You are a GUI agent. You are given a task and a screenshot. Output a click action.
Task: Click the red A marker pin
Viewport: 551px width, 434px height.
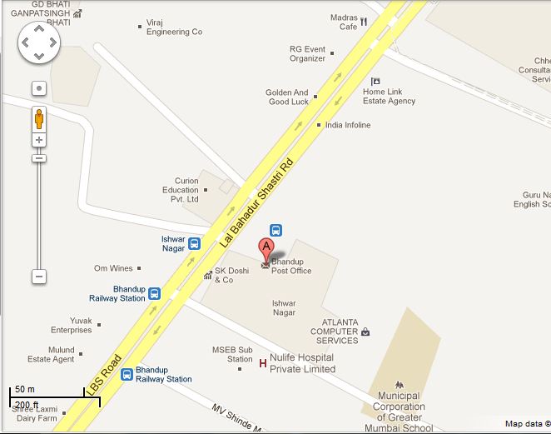coord(266,248)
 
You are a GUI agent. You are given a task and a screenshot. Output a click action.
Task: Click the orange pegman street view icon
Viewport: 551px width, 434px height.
coord(39,118)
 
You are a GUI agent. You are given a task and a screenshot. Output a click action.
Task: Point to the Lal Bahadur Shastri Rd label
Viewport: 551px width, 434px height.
coord(257,202)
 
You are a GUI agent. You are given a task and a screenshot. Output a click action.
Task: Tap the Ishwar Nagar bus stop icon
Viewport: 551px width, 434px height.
coord(194,243)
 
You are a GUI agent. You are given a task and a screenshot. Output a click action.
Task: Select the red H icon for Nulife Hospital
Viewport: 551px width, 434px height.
coord(263,363)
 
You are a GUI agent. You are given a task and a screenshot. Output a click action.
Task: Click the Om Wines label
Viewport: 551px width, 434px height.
coord(113,268)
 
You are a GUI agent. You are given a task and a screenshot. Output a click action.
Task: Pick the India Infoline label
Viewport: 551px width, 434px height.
coord(348,125)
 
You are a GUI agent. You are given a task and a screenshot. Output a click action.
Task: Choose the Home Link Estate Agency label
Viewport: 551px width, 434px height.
coord(389,96)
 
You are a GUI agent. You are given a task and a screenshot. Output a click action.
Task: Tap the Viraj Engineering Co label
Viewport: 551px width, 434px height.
coord(174,27)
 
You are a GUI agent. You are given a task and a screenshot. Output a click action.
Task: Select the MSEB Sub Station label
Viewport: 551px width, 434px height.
coord(234,354)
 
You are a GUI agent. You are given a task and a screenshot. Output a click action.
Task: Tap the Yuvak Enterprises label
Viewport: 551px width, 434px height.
coord(71,325)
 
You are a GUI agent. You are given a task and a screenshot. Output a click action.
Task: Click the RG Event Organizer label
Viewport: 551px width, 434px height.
coord(307,53)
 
